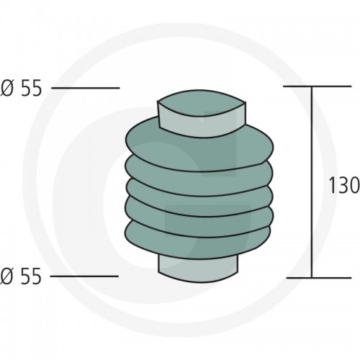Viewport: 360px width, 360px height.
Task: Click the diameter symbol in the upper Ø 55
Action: click(x=6, y=88)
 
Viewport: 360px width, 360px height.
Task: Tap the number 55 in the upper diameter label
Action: click(x=31, y=88)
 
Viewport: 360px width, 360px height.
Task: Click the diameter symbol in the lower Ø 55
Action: click(x=6, y=276)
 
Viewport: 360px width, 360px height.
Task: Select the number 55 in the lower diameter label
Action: click(x=31, y=276)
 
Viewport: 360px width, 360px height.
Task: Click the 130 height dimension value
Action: click(x=344, y=185)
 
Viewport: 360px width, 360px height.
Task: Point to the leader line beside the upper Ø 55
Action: click(x=86, y=88)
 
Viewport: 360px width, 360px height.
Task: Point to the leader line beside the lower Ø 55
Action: click(x=84, y=276)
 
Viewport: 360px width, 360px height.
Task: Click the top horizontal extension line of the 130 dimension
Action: click(x=318, y=86)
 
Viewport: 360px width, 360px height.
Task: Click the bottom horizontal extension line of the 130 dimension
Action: click(x=319, y=278)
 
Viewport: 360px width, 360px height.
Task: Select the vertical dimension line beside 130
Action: click(x=312, y=182)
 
